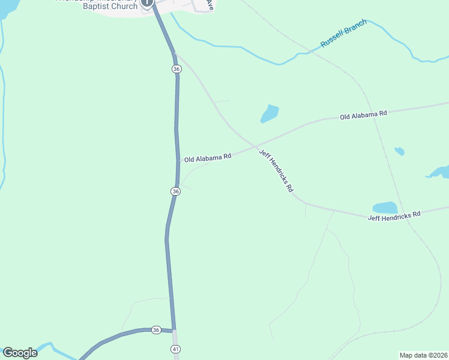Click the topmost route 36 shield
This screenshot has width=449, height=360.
point(176,69)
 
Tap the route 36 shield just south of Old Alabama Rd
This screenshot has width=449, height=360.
point(175,191)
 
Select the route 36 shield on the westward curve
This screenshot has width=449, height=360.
point(156,330)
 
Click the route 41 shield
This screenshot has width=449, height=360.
point(175,349)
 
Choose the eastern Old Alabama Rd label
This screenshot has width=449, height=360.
point(364,114)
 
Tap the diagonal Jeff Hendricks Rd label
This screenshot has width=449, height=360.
point(276,170)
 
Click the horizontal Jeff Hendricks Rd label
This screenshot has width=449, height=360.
point(394,215)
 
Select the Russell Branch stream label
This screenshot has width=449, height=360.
point(343,37)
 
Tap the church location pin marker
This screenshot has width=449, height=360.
point(148,3)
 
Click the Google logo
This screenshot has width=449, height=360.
point(20,353)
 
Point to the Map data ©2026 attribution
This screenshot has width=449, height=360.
point(423,355)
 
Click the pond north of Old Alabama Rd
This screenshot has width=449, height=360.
point(270,113)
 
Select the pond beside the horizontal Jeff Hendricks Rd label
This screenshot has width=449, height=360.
point(385,207)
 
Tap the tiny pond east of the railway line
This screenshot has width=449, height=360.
point(399,151)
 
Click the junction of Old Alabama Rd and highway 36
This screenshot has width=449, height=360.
point(178,161)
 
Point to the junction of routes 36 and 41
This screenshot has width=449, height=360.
point(174,331)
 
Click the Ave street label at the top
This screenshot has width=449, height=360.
point(209,5)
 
